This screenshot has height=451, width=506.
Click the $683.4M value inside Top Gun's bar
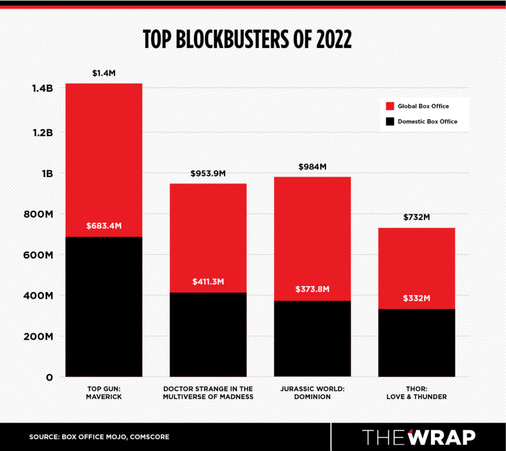click(104, 226)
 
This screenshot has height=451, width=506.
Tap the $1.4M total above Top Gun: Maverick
click(104, 73)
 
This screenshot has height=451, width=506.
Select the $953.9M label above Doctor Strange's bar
click(208, 174)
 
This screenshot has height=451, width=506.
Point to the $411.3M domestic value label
click(208, 282)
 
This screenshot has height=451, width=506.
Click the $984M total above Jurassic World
click(312, 167)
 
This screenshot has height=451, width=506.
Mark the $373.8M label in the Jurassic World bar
click(312, 290)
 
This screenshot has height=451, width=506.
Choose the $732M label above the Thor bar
click(417, 217)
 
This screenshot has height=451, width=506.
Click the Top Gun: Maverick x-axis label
click(104, 393)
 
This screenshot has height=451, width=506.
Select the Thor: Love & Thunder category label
click(417, 393)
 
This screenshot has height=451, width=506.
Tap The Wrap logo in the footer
click(419, 437)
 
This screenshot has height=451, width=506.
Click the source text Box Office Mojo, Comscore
click(99, 437)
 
